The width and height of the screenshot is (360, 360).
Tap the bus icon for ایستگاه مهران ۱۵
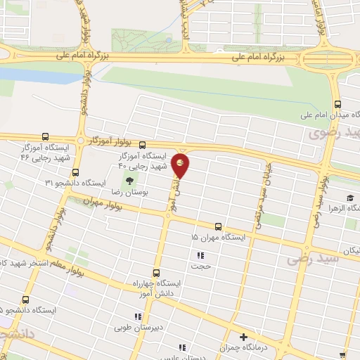tap(219, 227)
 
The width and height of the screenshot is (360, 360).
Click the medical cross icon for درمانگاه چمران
tap(244, 337)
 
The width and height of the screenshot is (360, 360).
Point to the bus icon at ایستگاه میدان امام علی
tap(338, 99)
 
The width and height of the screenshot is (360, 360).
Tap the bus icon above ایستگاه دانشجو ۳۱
tap(75, 172)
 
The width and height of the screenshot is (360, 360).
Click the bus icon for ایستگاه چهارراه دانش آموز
tap(155, 271)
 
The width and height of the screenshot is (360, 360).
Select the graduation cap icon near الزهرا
tap(349, 179)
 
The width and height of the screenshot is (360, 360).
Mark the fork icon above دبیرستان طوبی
tap(136, 317)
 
